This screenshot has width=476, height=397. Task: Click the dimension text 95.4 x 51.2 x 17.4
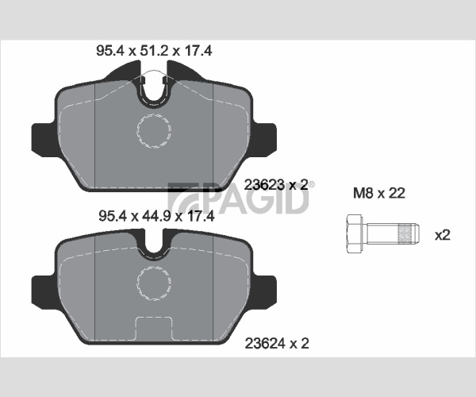(154, 51)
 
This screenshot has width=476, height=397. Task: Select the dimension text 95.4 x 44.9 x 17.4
(156, 216)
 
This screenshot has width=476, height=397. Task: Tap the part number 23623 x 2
(276, 185)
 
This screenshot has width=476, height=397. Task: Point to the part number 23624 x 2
(277, 344)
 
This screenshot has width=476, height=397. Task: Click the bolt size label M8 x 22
(379, 193)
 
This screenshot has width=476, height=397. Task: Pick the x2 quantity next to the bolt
(443, 235)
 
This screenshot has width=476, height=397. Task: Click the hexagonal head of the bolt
(355, 233)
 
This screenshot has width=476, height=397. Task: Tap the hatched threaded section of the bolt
(406, 233)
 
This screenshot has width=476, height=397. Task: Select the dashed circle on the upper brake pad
(154, 131)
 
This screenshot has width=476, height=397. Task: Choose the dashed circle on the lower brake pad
(154, 283)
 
